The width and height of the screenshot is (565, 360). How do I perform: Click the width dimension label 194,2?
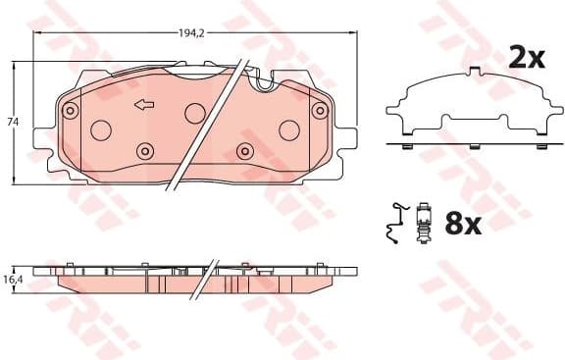pos(191,32)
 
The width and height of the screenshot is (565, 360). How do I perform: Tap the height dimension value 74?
pos(12,122)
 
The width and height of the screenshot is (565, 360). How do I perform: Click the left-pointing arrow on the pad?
pos(143,105)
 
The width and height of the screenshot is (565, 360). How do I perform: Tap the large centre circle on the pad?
pos(194,113)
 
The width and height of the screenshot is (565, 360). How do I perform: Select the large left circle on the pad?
pos(100,129)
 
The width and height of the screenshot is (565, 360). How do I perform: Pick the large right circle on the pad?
pos(288,129)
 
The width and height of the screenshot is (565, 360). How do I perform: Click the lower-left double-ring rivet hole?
pos(145,151)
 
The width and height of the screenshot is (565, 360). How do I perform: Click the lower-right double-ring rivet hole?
pos(244,151)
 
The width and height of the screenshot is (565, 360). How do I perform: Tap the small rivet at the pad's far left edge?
pos(71,111)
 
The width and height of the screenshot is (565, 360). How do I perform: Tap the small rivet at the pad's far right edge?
pos(318,111)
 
